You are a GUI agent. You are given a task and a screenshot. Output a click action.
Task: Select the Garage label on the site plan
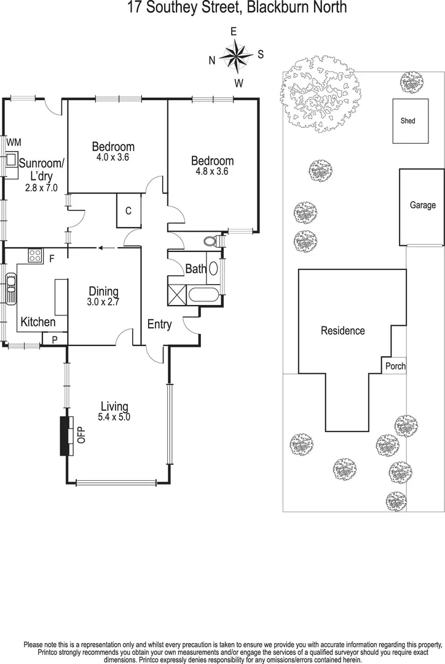423,205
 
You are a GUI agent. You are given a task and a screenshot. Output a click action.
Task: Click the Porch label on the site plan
395,366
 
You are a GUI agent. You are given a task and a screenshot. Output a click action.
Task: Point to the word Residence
343,331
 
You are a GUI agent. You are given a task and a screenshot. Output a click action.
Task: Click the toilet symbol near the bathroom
211,241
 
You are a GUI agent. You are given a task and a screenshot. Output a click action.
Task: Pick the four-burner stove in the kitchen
34,256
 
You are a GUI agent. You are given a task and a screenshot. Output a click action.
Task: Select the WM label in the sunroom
14,143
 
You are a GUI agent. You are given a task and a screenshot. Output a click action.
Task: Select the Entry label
159,325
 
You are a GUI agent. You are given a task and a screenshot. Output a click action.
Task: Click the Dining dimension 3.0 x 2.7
103,302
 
